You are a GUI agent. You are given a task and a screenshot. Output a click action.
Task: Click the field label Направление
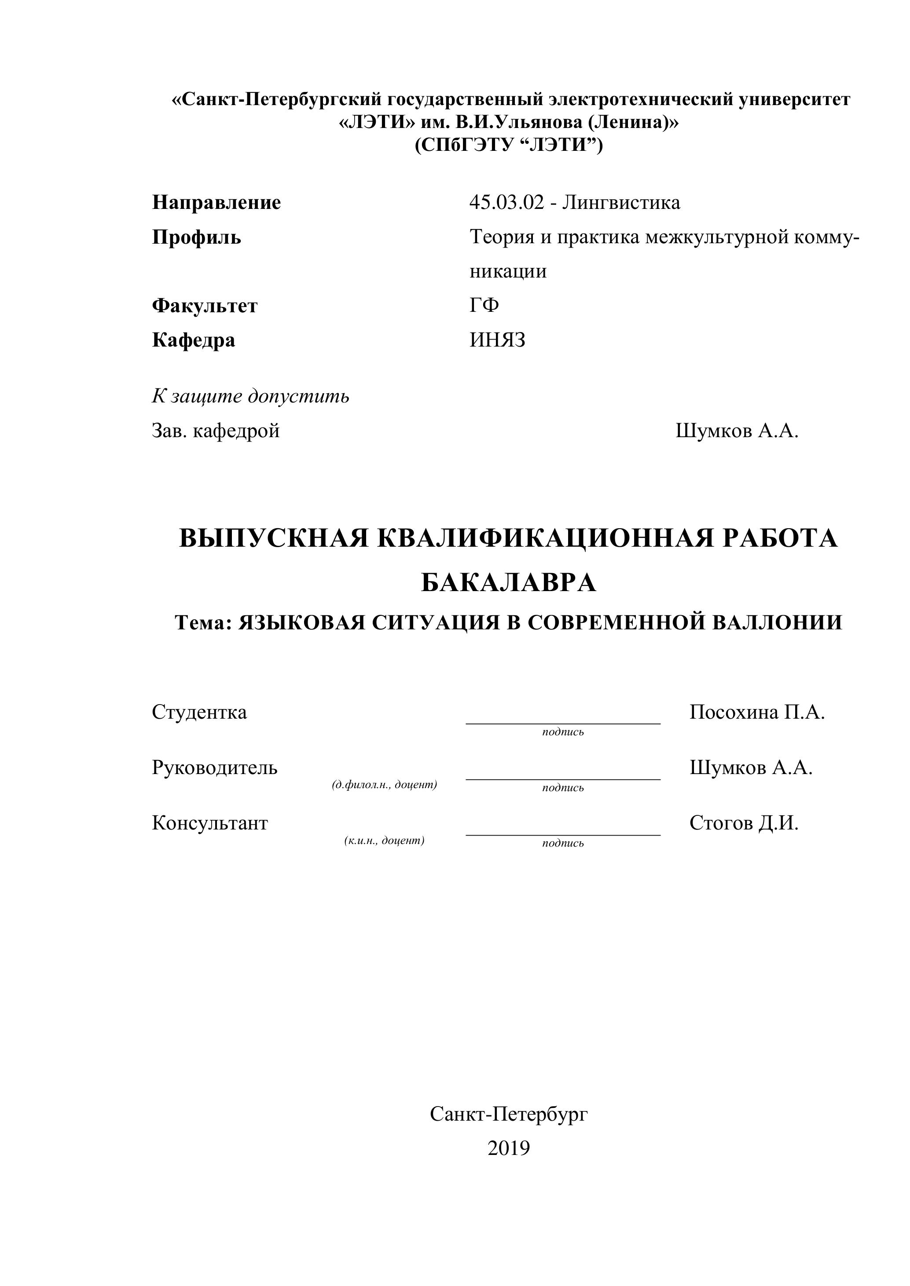point(216,202)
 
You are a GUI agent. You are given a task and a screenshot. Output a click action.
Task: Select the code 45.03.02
point(506,202)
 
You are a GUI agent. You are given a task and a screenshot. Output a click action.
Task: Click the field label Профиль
point(196,237)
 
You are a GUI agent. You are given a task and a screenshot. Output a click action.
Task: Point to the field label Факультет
point(205,306)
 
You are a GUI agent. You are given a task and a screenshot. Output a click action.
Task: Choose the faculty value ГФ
point(484,305)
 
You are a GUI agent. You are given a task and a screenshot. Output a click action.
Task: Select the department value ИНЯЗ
point(498,340)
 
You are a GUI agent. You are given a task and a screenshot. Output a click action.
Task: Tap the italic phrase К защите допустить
point(250,397)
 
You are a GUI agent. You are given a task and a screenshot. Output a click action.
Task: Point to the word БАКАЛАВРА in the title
point(508,583)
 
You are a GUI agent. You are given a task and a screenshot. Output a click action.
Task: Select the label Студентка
point(199,712)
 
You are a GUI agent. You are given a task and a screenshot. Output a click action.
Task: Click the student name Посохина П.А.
point(757,712)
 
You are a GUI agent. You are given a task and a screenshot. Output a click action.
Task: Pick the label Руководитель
point(215,767)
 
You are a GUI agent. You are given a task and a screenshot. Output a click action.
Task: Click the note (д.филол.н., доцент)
point(385,785)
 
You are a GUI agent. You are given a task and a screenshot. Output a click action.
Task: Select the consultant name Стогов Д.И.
point(744,823)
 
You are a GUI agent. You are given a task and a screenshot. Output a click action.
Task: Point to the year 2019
point(508,1148)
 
